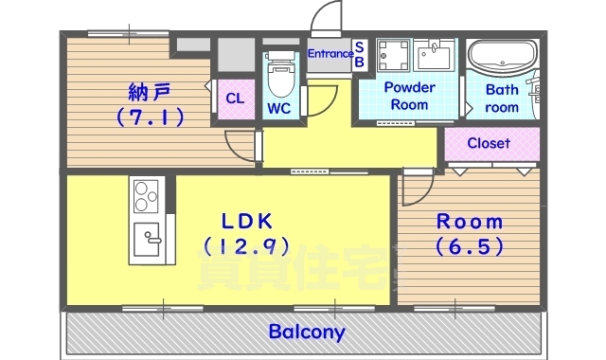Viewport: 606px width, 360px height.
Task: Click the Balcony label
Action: pos(307,333)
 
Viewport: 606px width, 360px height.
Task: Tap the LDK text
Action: pos(247,222)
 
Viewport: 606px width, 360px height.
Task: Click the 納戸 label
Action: pos(150,93)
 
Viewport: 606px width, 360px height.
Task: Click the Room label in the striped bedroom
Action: pos(469,222)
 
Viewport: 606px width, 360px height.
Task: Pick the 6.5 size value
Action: pos(469,246)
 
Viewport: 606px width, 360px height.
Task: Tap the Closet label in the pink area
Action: pos(490,144)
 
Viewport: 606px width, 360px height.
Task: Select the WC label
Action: pos(278,108)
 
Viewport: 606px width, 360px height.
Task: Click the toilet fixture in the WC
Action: pos(279,68)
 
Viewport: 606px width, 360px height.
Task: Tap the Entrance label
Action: pos(330,54)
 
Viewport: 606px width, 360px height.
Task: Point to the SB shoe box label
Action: pos(359,54)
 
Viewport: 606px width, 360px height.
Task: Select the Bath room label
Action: pos(502,99)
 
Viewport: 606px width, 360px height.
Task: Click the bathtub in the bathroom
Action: pos(502,59)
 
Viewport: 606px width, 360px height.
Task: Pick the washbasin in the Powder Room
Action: pos(437,54)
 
